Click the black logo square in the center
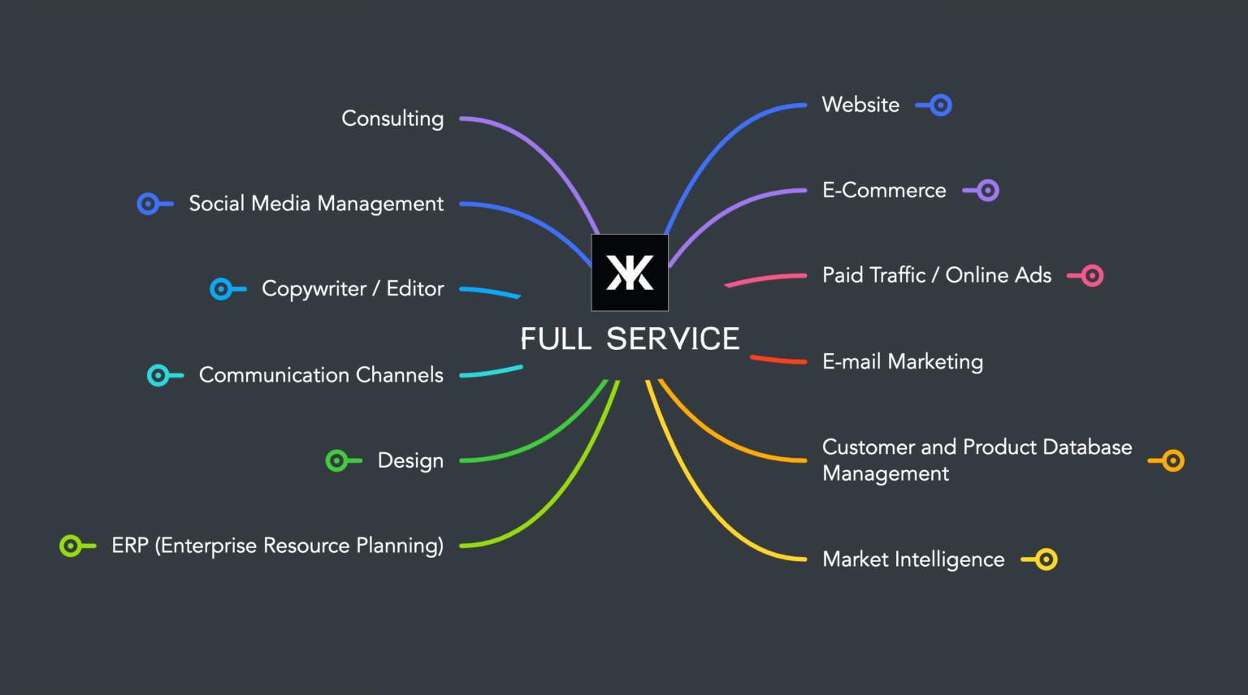coord(630,272)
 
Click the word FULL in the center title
coord(556,339)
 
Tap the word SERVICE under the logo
coord(673,339)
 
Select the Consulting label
coord(392,119)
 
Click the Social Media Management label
coord(316,204)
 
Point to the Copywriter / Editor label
coord(353,289)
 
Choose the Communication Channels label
coord(321,375)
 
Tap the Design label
coord(410,460)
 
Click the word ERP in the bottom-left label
coord(130,546)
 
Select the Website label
coord(860,105)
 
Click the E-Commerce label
coord(884,191)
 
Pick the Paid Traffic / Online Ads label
coord(937,275)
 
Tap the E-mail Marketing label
coord(903,362)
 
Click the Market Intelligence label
coord(913,559)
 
